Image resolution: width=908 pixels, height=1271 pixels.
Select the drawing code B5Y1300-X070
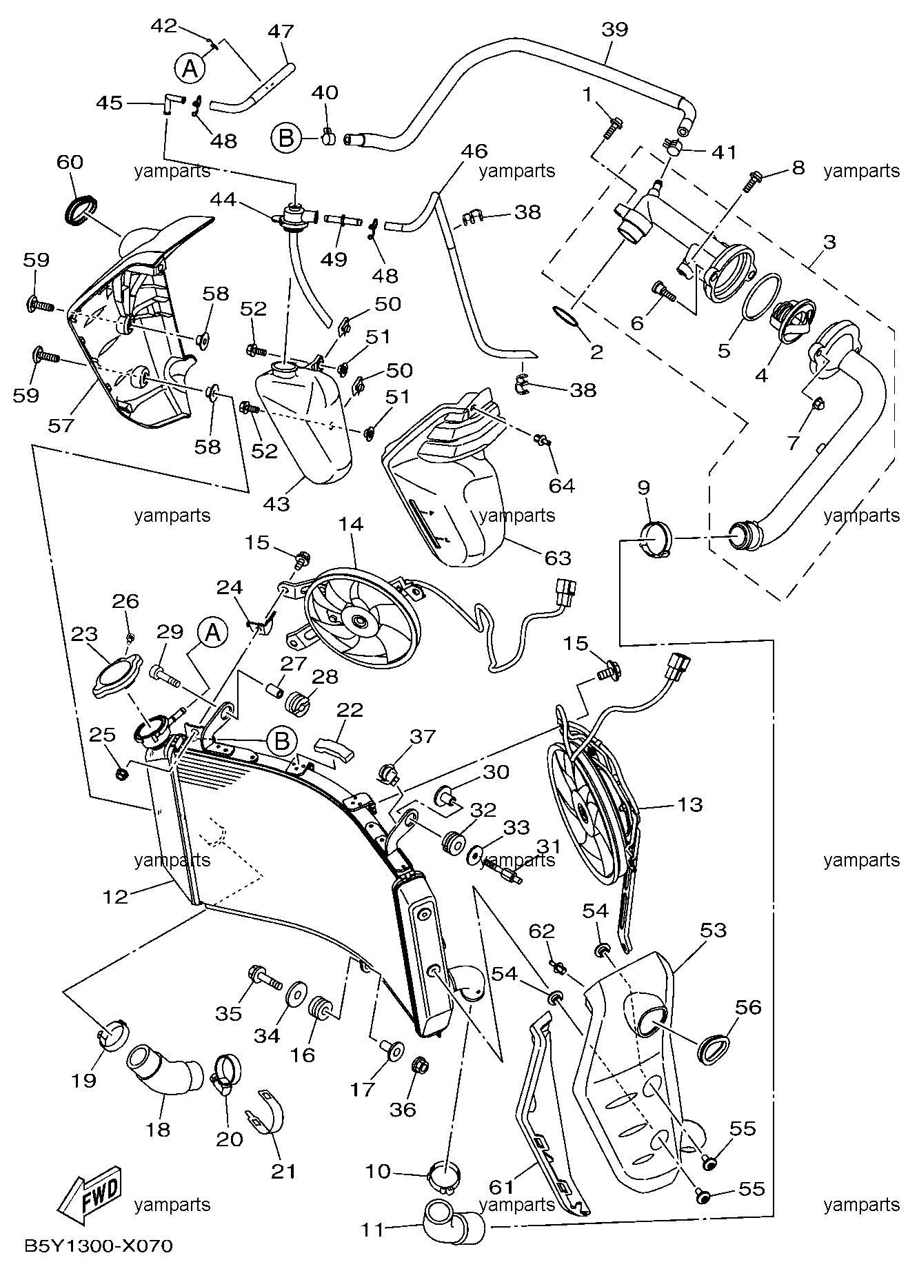point(98,1245)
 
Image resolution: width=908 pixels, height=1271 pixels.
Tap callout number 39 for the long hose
point(614,30)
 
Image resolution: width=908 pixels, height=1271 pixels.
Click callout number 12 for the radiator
point(115,896)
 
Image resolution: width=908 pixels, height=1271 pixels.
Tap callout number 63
point(558,557)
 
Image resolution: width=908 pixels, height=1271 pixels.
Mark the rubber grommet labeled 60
point(81,209)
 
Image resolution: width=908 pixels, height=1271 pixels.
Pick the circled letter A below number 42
point(190,68)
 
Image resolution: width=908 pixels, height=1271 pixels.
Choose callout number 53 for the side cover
point(713,931)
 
